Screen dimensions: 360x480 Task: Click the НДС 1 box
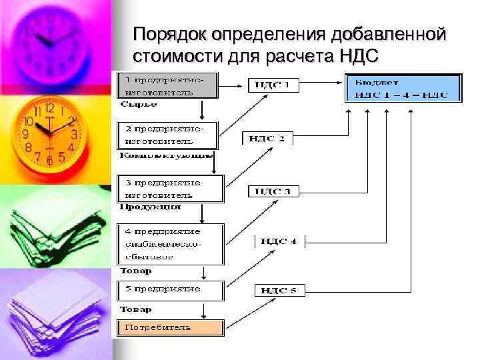tap(273, 85)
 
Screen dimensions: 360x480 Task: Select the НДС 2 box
tap(266, 138)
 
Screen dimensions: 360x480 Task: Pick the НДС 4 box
tap(279, 241)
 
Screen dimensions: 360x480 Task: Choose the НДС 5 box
tap(279, 290)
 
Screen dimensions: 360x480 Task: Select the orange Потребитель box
tap(171, 327)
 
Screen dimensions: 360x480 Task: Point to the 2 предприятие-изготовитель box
tap(168, 135)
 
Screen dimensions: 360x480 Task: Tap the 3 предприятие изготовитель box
tap(171, 189)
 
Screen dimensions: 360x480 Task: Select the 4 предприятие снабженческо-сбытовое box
tap(171, 244)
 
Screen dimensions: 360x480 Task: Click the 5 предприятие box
tap(171, 290)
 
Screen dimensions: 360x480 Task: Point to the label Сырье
tap(139, 104)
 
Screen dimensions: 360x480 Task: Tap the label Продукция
tap(150, 207)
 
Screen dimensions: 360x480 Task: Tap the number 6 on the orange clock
tap(49, 159)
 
